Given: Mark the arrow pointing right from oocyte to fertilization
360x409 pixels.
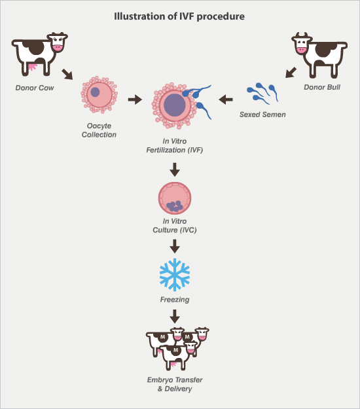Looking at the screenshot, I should (x=135, y=99).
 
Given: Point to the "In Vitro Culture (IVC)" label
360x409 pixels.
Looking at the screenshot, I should (x=174, y=227).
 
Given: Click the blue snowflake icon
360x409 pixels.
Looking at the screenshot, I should (x=174, y=276).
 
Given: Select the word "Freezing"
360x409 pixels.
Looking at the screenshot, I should (x=174, y=299).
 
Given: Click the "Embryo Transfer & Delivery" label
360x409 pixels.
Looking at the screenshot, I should (x=174, y=384).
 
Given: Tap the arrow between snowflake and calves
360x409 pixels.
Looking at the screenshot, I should (x=174, y=316).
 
